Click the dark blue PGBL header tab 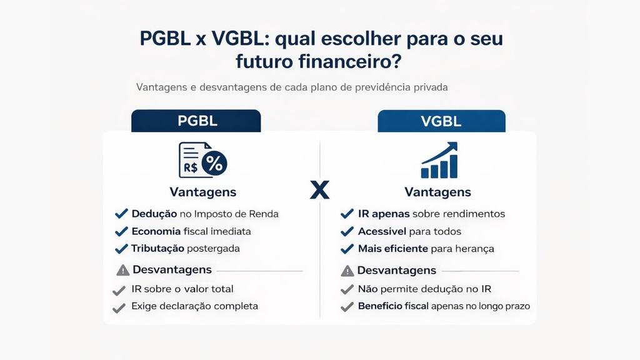pos(196,121)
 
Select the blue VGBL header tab pos(441,121)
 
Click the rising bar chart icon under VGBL pos(439,161)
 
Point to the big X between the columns pos(319,189)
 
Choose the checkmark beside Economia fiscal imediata pos(121,231)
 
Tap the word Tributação pos(157,248)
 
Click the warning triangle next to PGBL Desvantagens pos(123,271)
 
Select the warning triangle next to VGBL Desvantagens pos(347,271)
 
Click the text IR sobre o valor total pos(182,289)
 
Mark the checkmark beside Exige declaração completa pos(119,307)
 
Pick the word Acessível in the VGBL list pos(382,231)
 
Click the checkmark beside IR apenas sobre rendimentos pos(347,214)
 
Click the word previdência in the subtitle pos(378,87)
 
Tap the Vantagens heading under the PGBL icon pos(202,192)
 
